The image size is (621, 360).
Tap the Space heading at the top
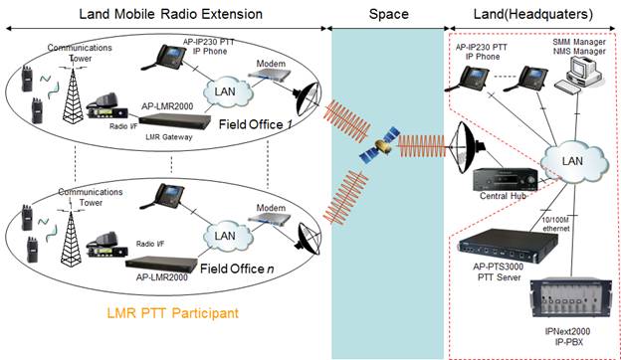coord(388,14)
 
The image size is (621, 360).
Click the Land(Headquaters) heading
coord(533,13)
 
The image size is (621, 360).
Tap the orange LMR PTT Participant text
coord(171,311)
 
